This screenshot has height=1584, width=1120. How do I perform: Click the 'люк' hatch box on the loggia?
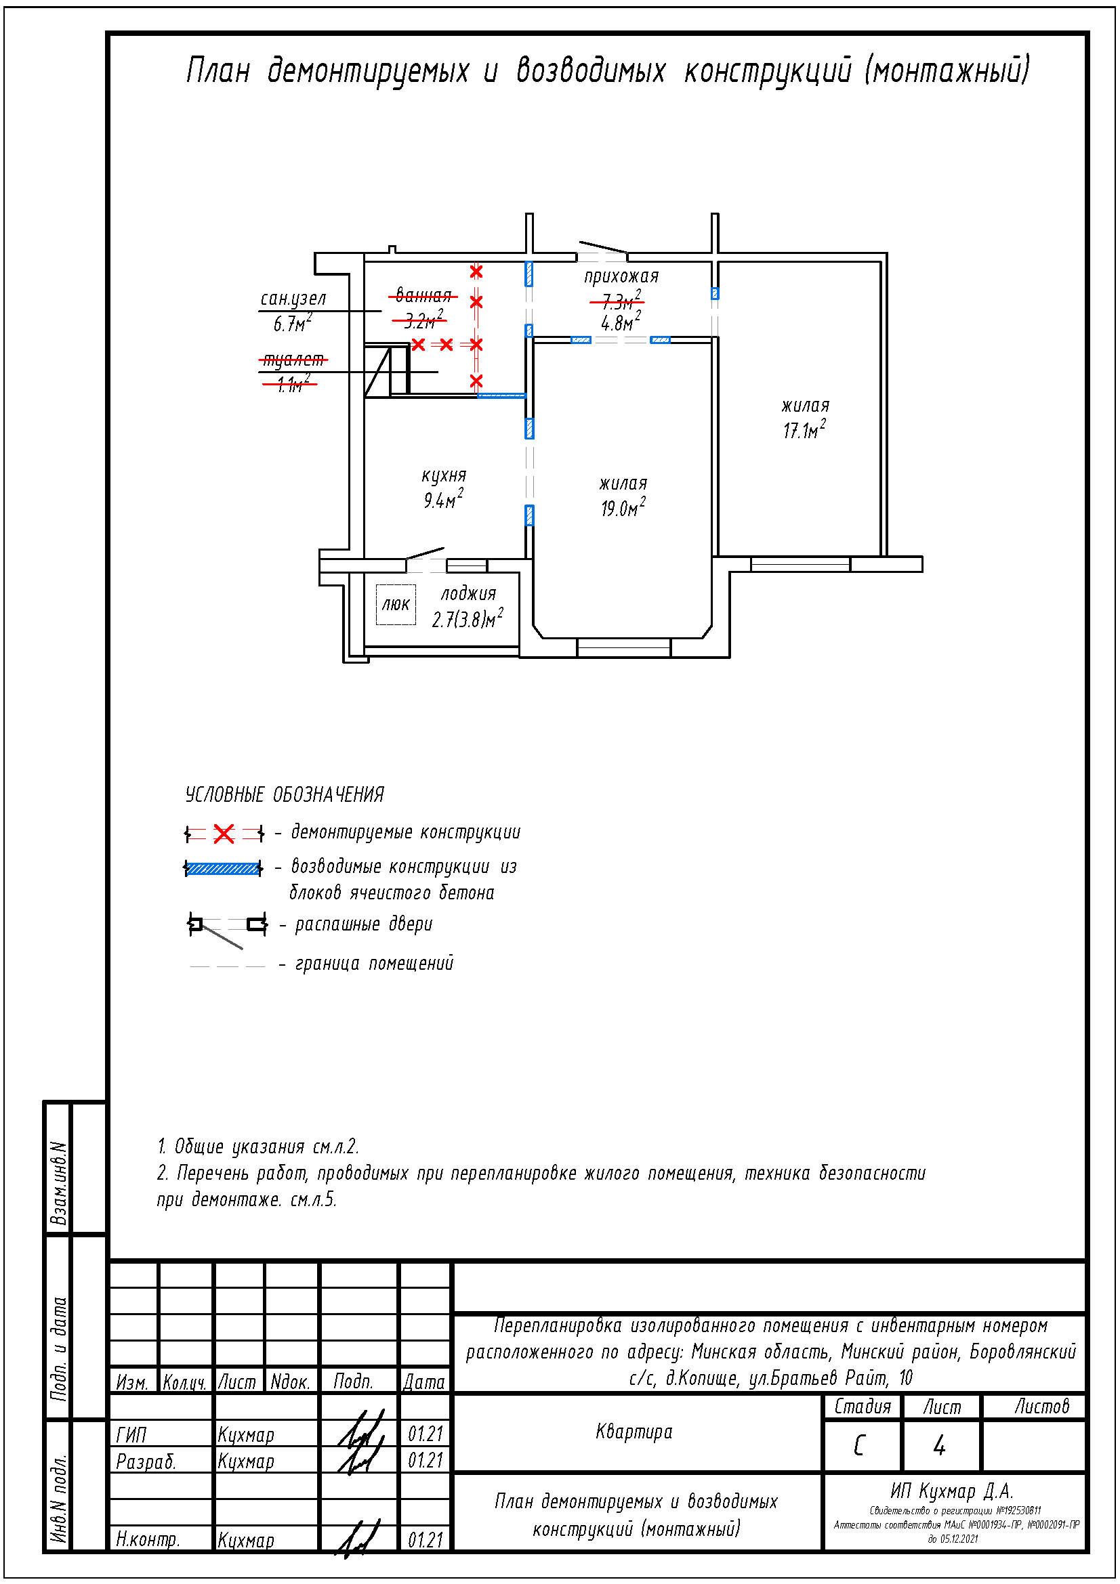coord(396,605)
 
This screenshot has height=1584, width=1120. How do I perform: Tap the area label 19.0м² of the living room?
coord(623,509)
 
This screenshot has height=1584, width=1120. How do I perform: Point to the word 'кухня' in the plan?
coord(444,475)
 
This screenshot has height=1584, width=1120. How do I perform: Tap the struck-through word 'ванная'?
coord(423,296)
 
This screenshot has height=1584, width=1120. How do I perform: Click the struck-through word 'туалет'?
coord(293,360)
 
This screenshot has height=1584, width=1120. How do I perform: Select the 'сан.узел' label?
coord(293,299)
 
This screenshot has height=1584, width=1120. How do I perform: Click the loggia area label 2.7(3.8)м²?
coord(468,619)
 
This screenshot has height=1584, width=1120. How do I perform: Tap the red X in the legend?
coord(224,834)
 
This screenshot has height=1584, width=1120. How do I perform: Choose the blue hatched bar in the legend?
coord(223,868)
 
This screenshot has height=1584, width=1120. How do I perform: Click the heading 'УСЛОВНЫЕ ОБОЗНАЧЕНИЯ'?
coord(285,795)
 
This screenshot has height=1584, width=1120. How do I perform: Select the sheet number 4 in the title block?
coord(938,1445)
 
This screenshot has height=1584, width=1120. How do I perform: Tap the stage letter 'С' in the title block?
coord(859,1445)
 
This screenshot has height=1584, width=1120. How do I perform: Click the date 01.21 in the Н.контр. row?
coord(425,1540)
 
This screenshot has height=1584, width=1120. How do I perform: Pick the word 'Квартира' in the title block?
coord(634,1432)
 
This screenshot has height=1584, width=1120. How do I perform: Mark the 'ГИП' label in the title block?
coord(131,1435)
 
